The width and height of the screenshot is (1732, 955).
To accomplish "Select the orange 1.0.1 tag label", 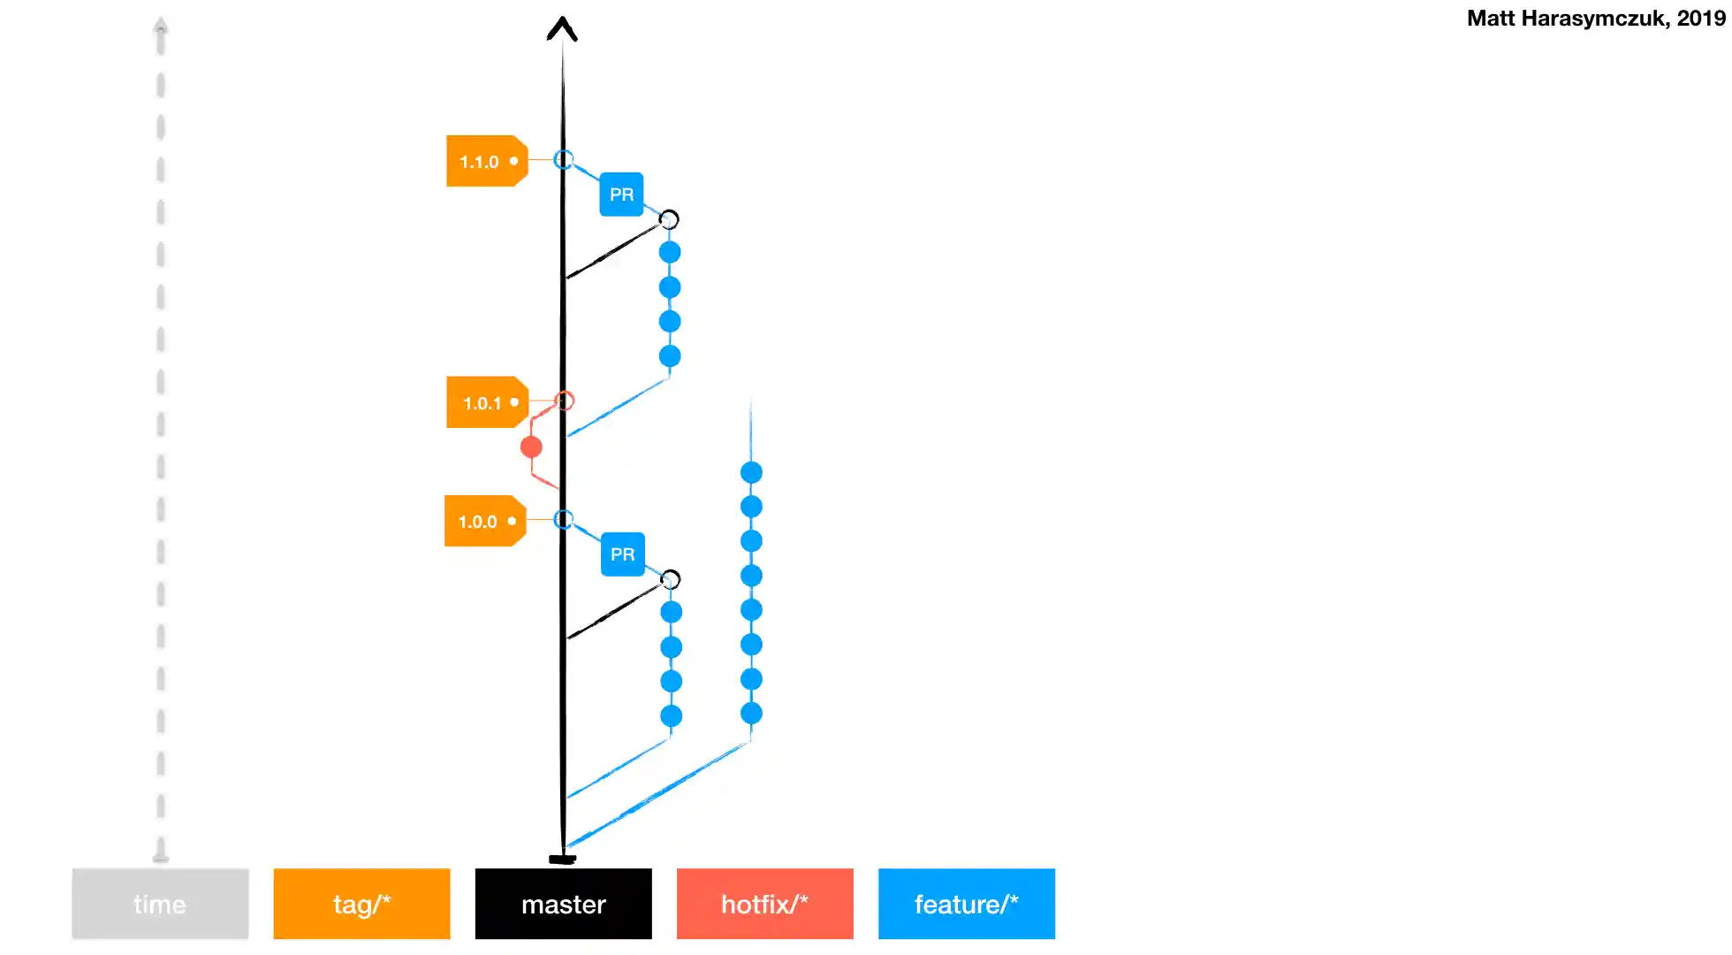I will (485, 402).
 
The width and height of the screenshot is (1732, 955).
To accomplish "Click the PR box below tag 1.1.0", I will (621, 195).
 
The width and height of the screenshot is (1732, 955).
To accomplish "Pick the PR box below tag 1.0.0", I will (622, 554).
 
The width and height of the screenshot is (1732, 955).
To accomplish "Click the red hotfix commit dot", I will (531, 447).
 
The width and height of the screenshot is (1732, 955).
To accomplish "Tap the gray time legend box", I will (160, 904).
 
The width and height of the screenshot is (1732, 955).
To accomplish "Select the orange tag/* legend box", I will (361, 904).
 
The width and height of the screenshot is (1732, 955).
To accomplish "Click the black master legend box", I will (563, 904).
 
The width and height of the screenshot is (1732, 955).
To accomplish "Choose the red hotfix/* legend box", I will (764, 904).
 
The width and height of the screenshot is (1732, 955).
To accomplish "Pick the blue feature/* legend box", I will (966, 904).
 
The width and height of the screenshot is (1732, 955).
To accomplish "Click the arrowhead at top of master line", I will (562, 28).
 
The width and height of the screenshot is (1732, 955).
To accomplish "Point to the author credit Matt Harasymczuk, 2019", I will (1595, 19).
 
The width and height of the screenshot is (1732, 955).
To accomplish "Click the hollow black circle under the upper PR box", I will (669, 219).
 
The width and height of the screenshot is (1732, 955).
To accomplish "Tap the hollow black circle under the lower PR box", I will (671, 579).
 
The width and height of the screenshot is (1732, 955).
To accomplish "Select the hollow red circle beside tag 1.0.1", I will (566, 401).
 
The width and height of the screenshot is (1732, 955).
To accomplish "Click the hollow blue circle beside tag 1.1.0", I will (563, 159).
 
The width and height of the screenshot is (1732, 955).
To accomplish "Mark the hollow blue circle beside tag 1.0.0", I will (563, 519).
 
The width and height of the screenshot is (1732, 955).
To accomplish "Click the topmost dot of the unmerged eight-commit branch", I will (751, 472).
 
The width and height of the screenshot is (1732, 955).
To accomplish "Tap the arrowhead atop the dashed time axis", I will (160, 25).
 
